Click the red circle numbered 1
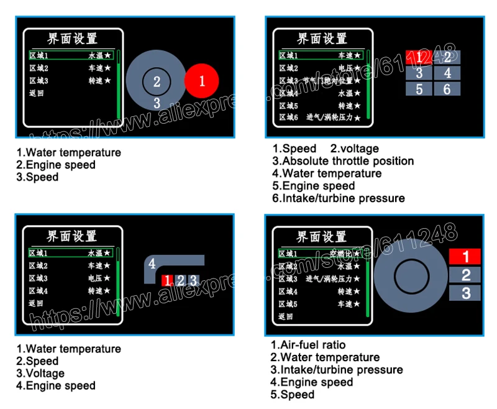pyautogui.click(x=202, y=80)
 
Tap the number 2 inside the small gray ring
pyautogui.click(x=157, y=81)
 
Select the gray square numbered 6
pyautogui.click(x=447, y=89)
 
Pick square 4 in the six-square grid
pyautogui.click(x=447, y=73)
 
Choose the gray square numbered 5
pyautogui.click(x=419, y=89)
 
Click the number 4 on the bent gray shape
pyautogui.click(x=152, y=263)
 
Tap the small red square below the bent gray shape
pyautogui.click(x=166, y=280)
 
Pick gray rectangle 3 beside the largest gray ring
pyautogui.click(x=466, y=293)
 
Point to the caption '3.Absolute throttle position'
pyautogui.click(x=343, y=161)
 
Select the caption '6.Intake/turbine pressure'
pyautogui.click(x=339, y=198)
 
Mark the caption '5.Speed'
pyautogui.click(x=293, y=395)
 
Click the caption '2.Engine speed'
pyautogui.click(x=56, y=165)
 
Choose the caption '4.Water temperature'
pyautogui.click(x=327, y=173)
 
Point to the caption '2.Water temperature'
pyautogui.click(x=325, y=357)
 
